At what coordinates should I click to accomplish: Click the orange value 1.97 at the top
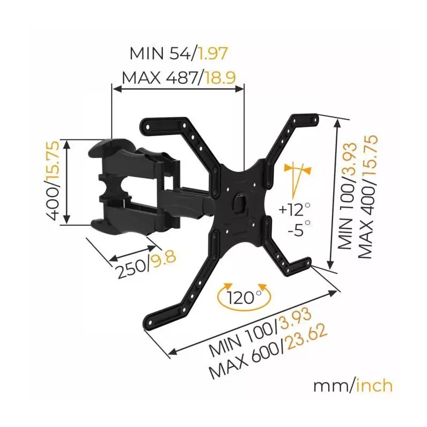point(212,54)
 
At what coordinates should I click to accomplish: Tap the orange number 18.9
point(220,78)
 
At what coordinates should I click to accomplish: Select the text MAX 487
point(159,78)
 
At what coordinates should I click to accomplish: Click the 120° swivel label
point(244,298)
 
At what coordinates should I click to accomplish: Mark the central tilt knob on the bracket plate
point(240,201)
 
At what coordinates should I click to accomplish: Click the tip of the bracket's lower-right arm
point(307,262)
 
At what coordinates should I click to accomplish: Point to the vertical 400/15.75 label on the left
point(52,180)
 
